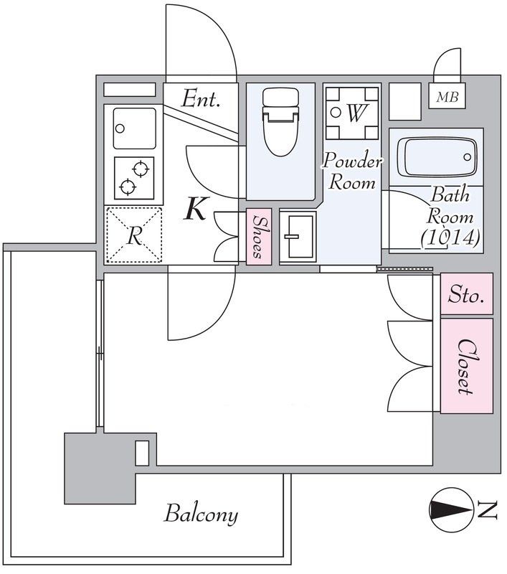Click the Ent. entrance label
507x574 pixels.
point(202,99)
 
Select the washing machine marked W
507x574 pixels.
point(352,113)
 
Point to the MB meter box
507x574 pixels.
point(447,96)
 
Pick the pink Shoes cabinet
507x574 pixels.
point(259,237)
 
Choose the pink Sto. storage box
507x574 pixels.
point(466,293)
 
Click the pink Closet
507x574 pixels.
point(466,366)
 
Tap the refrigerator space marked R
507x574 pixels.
point(134,235)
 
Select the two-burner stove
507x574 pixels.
point(134,178)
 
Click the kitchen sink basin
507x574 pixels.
point(134,128)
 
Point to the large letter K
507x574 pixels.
point(196,209)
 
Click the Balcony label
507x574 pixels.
point(201,514)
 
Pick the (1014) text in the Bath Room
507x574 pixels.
point(450,237)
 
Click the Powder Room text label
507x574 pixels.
point(352,171)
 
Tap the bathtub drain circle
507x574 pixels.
point(467,157)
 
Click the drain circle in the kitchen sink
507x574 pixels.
point(120,128)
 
